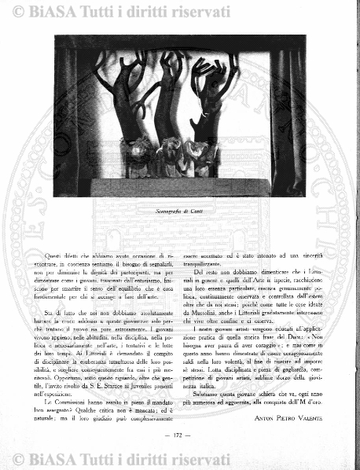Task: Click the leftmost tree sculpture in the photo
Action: click(127, 102)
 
